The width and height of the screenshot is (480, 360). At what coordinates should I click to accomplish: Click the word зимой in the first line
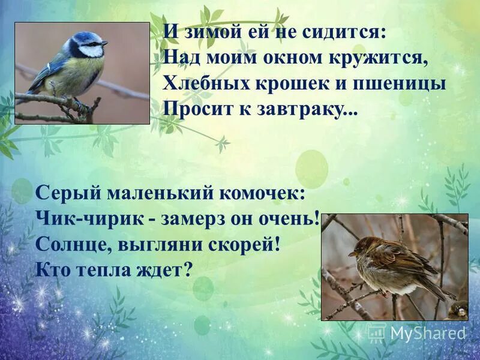[x=203, y=33]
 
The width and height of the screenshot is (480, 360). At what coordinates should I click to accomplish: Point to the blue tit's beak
[x=105, y=43]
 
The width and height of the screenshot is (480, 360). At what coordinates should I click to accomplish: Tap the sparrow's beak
[x=351, y=253]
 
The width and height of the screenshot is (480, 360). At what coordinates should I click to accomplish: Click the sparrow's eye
[x=361, y=245]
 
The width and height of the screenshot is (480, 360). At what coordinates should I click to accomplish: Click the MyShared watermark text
[x=427, y=332]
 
